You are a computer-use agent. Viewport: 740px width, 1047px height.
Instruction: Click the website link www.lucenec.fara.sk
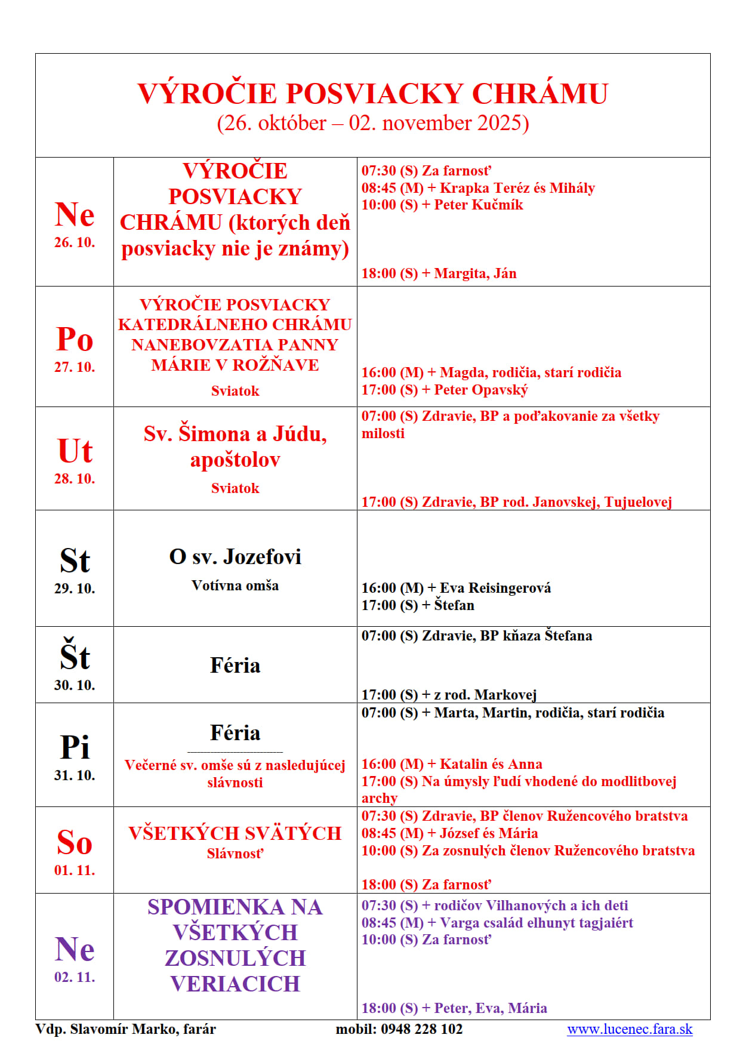click(x=630, y=1028)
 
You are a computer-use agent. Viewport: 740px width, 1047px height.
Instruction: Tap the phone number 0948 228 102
click(x=421, y=1028)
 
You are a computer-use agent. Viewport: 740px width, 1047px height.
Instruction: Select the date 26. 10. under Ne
click(x=75, y=242)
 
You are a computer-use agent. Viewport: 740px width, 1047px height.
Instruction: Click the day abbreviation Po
click(x=75, y=339)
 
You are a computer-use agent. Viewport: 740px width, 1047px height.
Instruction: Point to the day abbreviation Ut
click(x=75, y=451)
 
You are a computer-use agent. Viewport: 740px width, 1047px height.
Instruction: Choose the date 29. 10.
click(x=75, y=589)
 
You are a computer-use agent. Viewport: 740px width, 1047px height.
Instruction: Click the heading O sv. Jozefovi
click(x=235, y=557)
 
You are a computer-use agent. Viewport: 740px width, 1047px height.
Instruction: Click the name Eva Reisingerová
click(x=495, y=588)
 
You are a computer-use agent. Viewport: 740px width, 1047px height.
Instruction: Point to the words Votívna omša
click(x=235, y=586)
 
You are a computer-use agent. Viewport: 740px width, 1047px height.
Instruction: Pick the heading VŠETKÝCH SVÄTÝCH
click(x=235, y=833)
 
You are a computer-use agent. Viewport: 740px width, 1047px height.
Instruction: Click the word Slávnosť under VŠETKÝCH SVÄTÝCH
click(x=235, y=854)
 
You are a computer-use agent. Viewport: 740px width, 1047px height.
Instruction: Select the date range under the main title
click(x=373, y=123)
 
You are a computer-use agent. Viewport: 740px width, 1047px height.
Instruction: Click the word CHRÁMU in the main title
click(x=539, y=94)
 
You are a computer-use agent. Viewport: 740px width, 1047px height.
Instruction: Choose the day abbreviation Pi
click(x=75, y=747)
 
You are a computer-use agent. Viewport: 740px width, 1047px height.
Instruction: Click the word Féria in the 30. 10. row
click(x=235, y=666)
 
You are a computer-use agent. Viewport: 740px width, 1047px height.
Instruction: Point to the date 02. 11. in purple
click(x=75, y=977)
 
